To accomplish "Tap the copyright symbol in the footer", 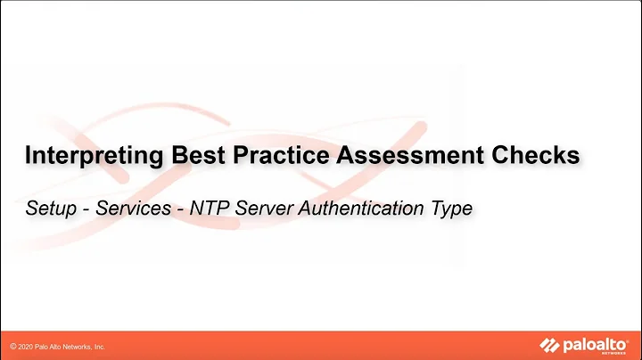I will [13, 346].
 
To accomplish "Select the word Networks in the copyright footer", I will [80, 346].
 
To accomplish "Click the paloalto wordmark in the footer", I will [596, 343].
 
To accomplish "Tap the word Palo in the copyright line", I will [45, 346].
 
